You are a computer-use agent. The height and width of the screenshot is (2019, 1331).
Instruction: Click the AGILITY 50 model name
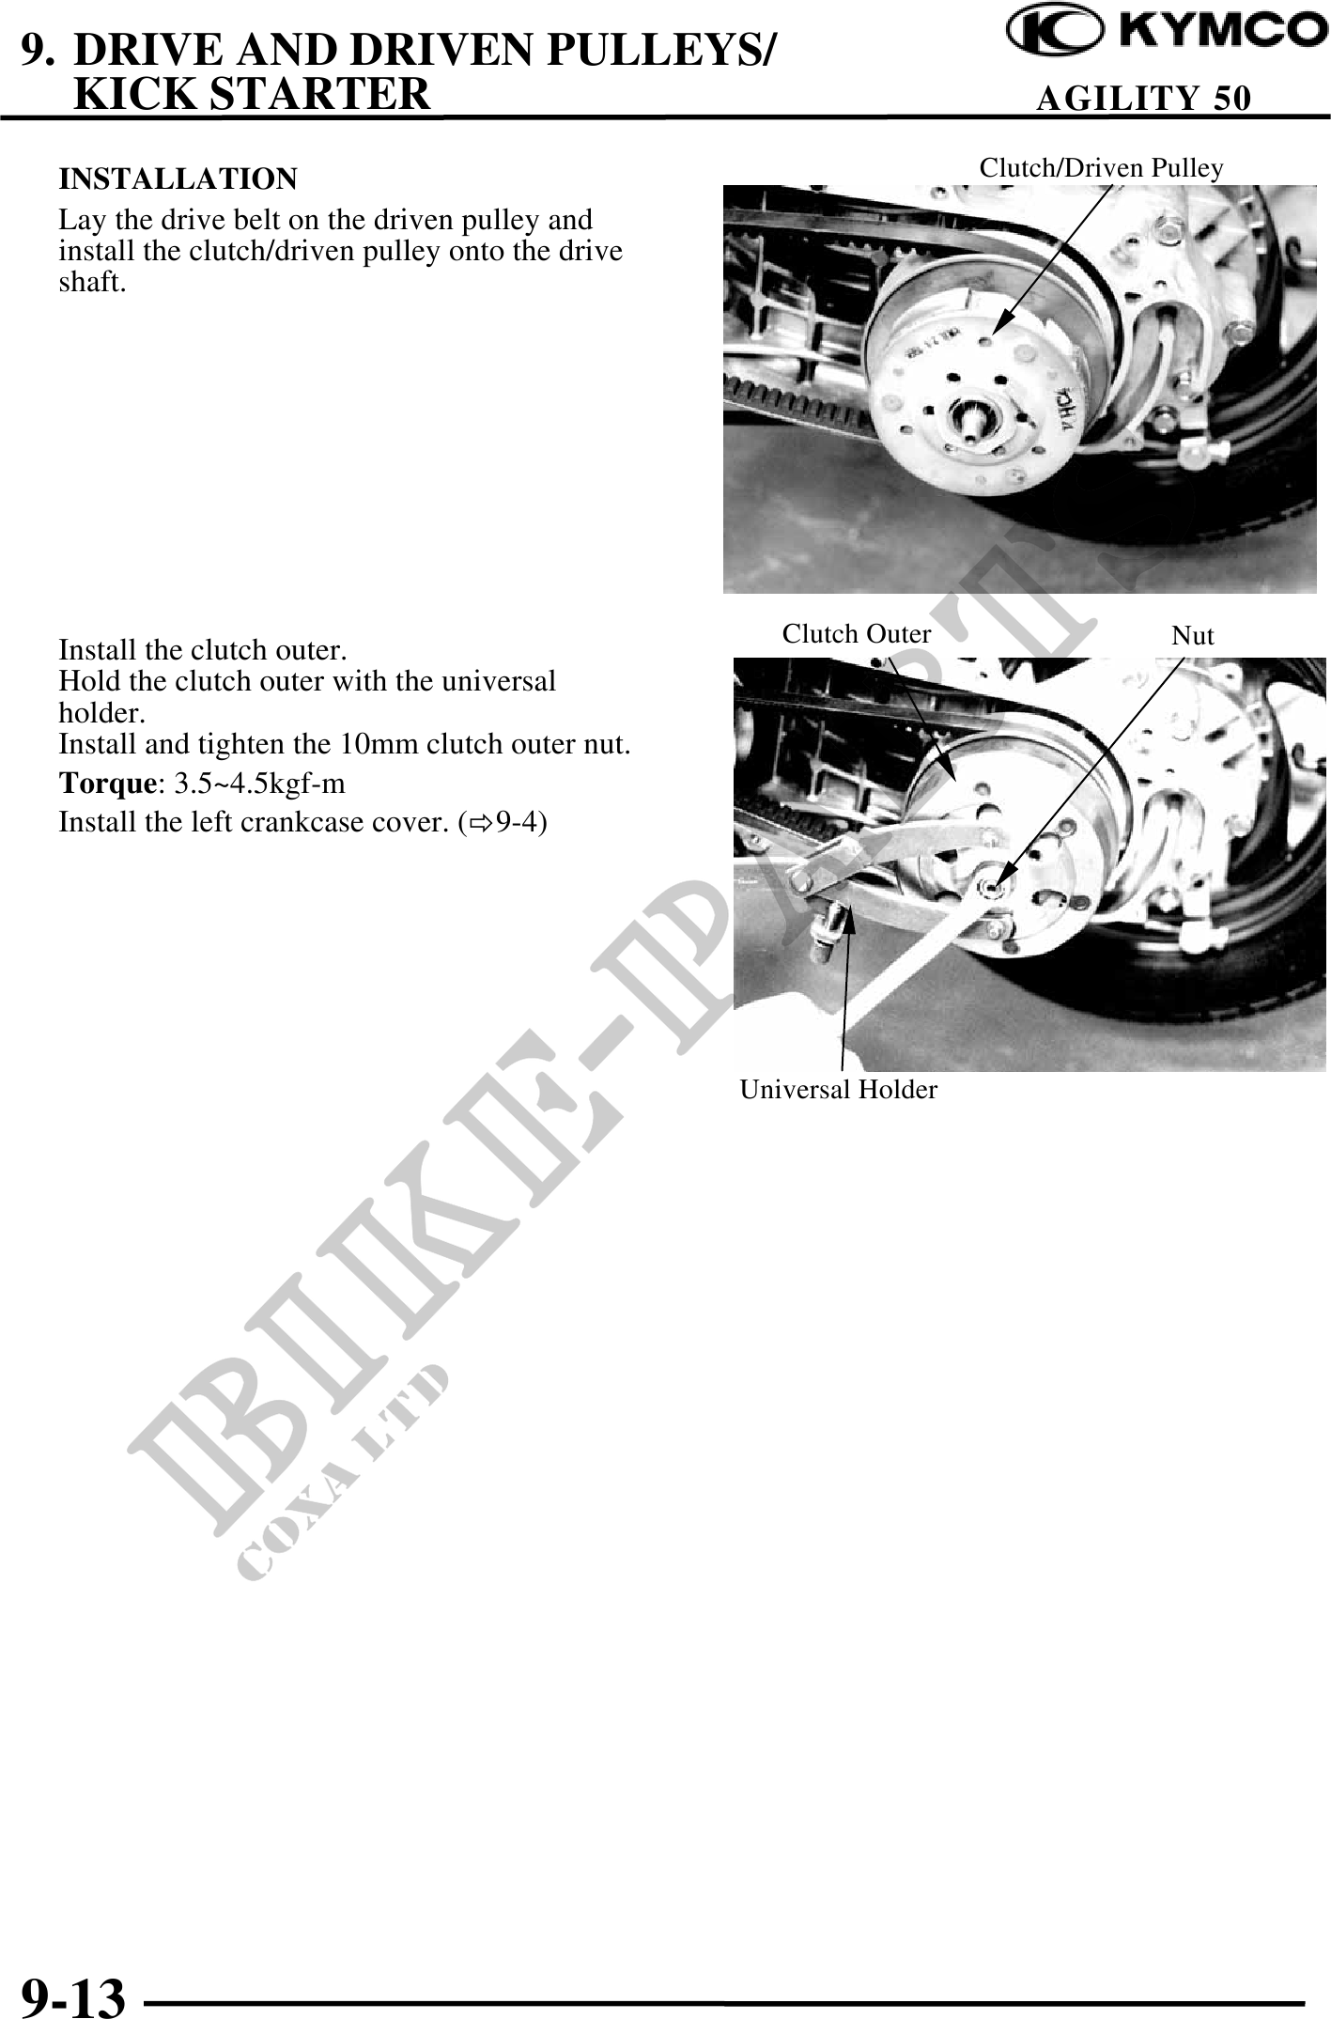[1143, 98]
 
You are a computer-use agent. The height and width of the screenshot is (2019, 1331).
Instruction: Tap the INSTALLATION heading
[178, 179]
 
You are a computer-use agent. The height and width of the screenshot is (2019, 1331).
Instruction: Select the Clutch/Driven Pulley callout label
[1101, 168]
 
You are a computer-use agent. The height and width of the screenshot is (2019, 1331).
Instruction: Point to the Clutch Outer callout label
[857, 634]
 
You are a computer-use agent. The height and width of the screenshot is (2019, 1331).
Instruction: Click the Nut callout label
[1193, 636]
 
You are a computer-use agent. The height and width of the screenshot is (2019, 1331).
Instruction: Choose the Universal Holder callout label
[838, 1090]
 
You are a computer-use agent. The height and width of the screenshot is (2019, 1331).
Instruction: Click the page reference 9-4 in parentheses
[517, 822]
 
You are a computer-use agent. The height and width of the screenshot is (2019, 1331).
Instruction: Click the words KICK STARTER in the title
[251, 93]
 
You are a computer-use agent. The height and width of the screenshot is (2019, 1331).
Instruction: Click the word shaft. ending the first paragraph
[92, 282]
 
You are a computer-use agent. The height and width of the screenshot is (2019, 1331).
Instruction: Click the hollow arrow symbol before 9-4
[482, 823]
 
